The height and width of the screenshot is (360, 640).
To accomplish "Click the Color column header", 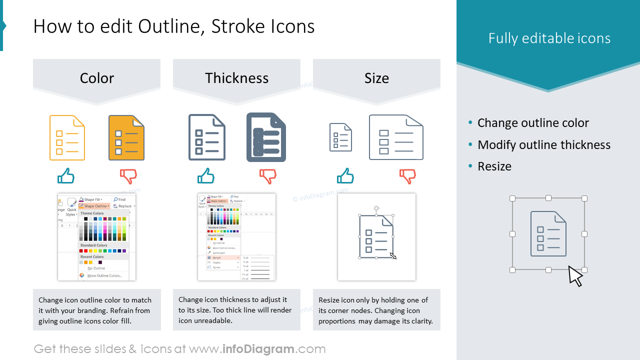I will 96,78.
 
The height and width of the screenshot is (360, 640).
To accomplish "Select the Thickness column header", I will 236,78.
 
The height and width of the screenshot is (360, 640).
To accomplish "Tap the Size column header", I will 376,78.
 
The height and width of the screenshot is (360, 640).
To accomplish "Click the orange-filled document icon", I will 126,137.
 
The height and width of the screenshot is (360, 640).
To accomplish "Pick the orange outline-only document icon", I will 67,137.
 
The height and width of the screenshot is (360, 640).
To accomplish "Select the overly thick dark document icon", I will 266,137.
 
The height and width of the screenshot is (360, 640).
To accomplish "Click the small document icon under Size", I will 340,137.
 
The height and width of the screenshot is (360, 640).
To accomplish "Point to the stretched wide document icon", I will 396,137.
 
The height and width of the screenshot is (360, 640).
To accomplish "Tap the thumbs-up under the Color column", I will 66,176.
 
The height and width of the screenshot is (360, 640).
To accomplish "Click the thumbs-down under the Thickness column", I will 268,176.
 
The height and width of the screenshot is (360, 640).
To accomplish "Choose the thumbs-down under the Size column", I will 408,176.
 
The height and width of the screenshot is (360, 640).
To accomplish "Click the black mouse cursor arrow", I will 575,276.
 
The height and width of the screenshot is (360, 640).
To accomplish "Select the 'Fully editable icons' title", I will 549,38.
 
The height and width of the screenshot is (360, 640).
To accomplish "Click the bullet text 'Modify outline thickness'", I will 543,145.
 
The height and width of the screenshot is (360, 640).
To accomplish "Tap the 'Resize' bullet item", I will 494,166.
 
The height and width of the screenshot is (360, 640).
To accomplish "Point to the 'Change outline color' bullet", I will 533,123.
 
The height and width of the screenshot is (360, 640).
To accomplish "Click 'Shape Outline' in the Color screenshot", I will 95,206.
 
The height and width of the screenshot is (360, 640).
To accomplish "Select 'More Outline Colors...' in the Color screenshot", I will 104,275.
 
